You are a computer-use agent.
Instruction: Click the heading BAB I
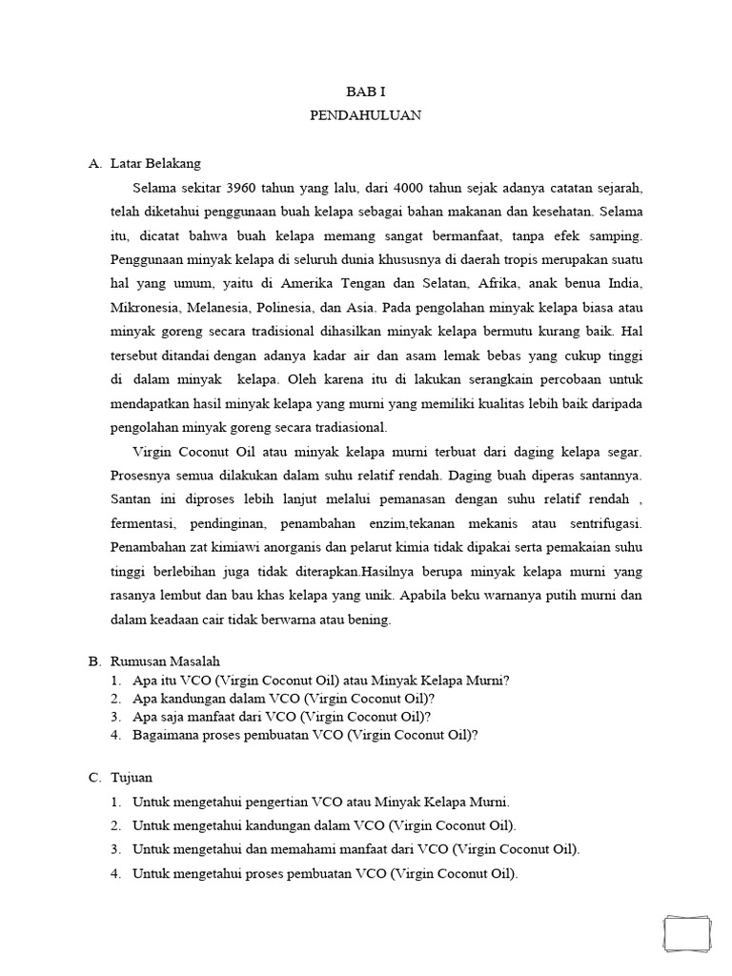365,91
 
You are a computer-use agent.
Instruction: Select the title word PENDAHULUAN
365,115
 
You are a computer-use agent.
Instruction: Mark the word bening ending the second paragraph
370,620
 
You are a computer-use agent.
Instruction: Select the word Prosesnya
141,475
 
